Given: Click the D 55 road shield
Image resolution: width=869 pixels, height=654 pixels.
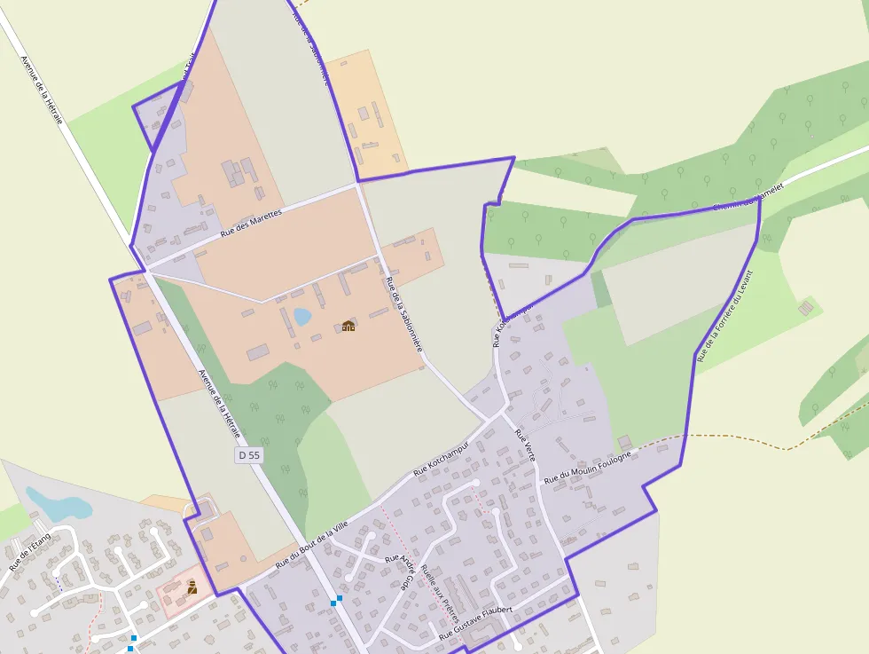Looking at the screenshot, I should pos(249,455).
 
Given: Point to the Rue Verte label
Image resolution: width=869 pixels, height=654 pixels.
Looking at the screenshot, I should pos(526,447).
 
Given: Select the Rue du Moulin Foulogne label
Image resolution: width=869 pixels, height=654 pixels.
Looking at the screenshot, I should pos(588,467).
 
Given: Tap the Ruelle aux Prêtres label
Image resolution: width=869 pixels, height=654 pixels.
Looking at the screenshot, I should pos(441,593).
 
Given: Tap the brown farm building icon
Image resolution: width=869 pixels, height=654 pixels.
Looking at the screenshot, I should pos(348,326).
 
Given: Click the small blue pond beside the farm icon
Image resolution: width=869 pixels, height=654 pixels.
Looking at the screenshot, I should pos(302,316).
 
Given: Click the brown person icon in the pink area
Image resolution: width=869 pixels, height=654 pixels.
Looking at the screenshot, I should pos(192,587).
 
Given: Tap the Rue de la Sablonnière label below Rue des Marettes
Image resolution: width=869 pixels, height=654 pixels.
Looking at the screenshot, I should pos(403,315).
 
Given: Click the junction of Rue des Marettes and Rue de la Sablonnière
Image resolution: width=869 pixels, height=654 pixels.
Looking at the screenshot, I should pos(357,184).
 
